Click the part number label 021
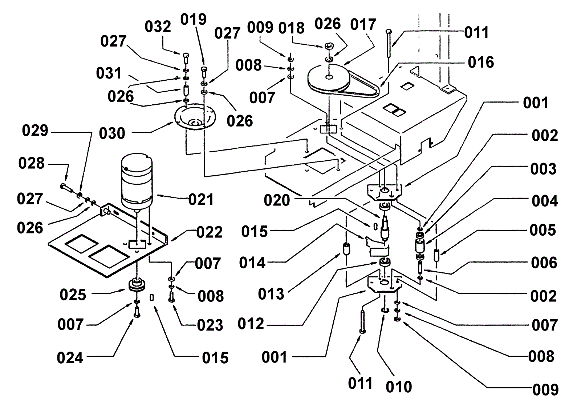[201, 200]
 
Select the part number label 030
[112, 133]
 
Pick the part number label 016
[481, 63]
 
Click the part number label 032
[158, 27]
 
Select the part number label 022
[210, 232]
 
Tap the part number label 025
[73, 295]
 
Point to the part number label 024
[70, 358]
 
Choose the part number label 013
[271, 294]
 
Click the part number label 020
[277, 200]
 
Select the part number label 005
[543, 230]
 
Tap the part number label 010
[399, 387]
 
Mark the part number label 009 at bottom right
[545, 390]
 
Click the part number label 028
[32, 164]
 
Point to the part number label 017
[363, 25]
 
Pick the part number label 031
[109, 73]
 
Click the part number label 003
[543, 169]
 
